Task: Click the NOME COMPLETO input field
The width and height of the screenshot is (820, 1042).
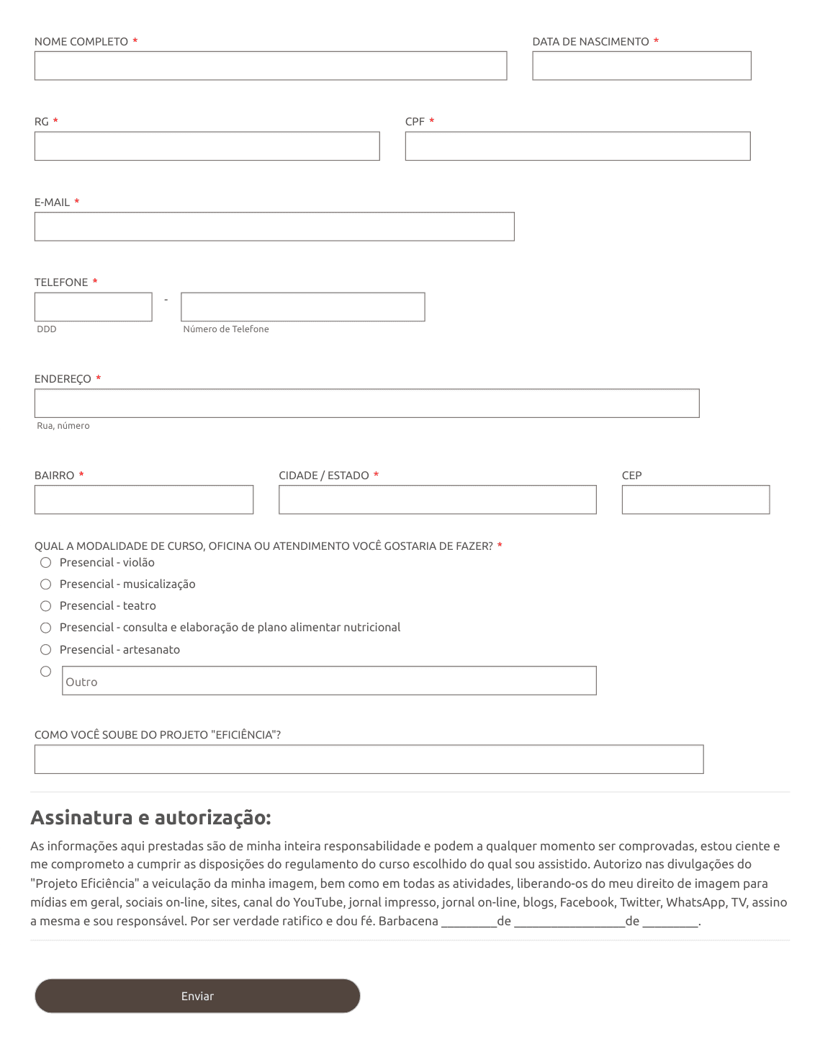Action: pos(270,66)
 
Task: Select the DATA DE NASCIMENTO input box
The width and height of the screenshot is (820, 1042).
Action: pos(641,66)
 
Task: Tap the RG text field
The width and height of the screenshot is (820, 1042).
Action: pos(207,146)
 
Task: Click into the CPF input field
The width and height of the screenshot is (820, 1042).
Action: pos(577,146)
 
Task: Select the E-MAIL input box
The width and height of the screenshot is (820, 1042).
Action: pos(274,227)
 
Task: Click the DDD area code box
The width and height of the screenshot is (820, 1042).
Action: pos(94,307)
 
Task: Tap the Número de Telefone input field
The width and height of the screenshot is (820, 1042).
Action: pos(302,307)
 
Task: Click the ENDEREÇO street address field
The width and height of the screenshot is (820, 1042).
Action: pos(366,404)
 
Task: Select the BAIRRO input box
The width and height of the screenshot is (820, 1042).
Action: pos(144,500)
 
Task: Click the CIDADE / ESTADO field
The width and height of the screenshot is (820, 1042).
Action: pos(437,500)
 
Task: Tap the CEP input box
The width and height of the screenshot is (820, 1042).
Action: pos(695,500)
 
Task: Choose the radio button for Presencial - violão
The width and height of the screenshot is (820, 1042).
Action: pos(46,563)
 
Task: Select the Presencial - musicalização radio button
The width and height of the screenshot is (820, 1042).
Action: pos(46,584)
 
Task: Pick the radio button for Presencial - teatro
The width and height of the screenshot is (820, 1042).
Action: pos(46,606)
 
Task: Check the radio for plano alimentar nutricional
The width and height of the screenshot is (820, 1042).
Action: pos(46,628)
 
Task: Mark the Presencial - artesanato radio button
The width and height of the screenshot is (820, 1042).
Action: pos(46,650)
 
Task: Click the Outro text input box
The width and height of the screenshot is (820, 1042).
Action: pos(329,681)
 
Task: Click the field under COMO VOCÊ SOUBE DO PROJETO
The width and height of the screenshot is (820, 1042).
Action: pos(369,760)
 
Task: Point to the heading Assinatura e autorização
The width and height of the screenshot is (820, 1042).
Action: pos(150,818)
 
